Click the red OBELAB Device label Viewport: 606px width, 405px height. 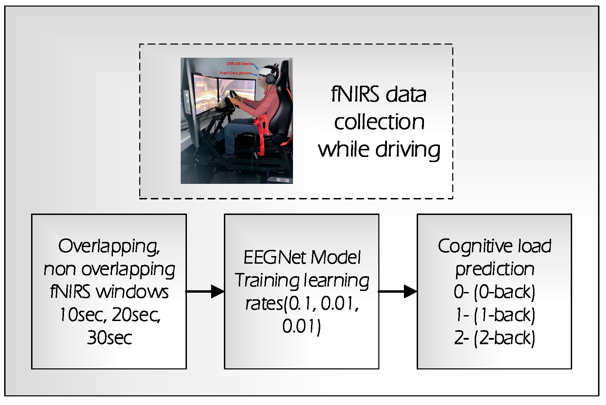point(239,64)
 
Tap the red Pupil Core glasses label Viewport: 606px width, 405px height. point(235,73)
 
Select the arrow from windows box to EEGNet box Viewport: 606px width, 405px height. point(205,291)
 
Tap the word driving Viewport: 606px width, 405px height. point(408,150)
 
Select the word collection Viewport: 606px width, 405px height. point(379,122)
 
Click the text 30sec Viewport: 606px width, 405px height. point(109,338)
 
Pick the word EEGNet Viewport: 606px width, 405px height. point(275,257)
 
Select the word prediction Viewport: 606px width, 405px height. point(494,269)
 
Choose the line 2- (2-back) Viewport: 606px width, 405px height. point(494,338)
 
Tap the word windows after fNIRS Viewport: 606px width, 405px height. point(132,292)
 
